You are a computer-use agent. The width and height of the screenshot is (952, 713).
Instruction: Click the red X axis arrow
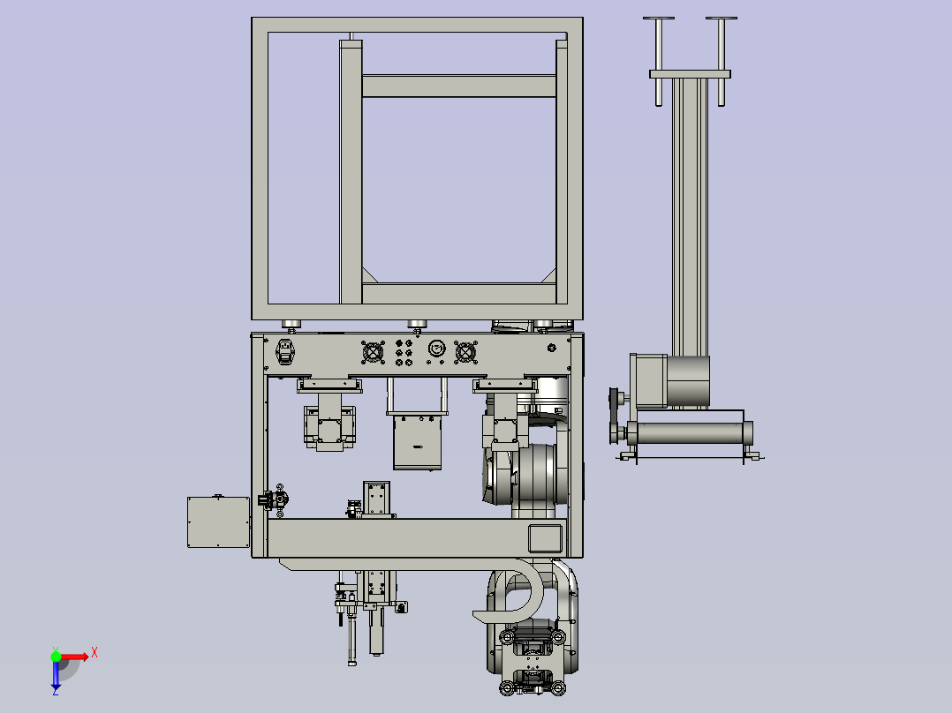click(74, 657)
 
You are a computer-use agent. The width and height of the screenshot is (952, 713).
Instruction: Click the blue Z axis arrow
click(56, 675)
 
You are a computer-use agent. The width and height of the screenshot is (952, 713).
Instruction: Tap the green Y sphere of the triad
click(56, 657)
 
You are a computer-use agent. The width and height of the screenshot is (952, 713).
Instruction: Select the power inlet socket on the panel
click(284, 352)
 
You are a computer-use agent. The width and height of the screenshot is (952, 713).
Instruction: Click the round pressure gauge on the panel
click(436, 349)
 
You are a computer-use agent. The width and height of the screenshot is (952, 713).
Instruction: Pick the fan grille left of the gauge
click(373, 353)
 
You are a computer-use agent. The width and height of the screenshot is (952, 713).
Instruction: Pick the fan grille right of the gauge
click(465, 353)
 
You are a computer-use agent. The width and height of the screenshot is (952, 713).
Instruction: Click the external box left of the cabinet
click(219, 522)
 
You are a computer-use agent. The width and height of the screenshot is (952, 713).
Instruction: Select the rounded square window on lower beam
click(545, 538)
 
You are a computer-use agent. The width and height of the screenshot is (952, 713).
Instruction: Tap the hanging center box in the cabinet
click(417, 442)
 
